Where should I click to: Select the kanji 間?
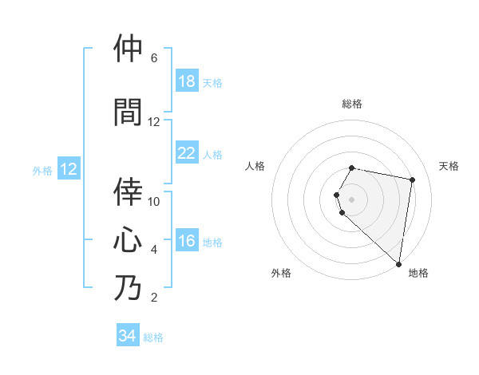tap(128, 112)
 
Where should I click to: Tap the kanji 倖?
tap(128, 191)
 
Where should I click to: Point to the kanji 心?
tap(128, 239)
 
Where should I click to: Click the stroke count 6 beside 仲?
tap(154, 58)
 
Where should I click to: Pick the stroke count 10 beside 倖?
tap(154, 202)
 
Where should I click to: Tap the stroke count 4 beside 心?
tap(154, 250)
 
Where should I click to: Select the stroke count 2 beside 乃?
tap(154, 298)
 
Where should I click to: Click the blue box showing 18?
tap(187, 81)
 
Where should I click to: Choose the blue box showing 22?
tap(187, 153)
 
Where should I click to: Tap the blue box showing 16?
tap(187, 241)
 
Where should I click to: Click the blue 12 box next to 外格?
tap(69, 169)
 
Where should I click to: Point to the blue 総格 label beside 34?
tap(153, 337)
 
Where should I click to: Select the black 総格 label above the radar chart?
tap(352, 104)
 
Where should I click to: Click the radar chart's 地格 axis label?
tap(418, 273)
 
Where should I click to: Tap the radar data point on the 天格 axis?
tap(412, 180)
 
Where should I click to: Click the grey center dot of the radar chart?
tap(352, 199)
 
